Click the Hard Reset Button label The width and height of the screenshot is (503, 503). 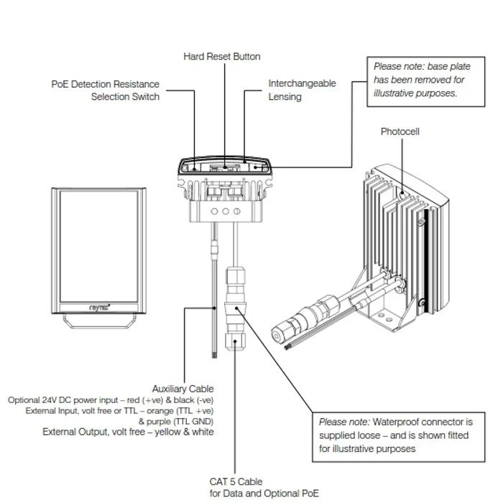[222, 56]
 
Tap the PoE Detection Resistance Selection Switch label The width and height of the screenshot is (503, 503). [106, 91]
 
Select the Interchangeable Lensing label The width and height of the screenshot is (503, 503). [302, 91]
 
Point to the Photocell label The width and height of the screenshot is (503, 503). [400, 132]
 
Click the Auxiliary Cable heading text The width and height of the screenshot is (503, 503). [183, 389]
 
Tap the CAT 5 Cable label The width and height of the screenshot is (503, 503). [236, 481]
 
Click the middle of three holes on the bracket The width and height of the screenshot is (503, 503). [226, 212]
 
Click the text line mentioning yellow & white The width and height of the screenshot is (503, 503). [128, 432]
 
